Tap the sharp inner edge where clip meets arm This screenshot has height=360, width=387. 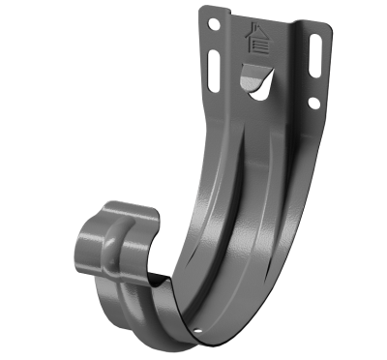160,276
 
